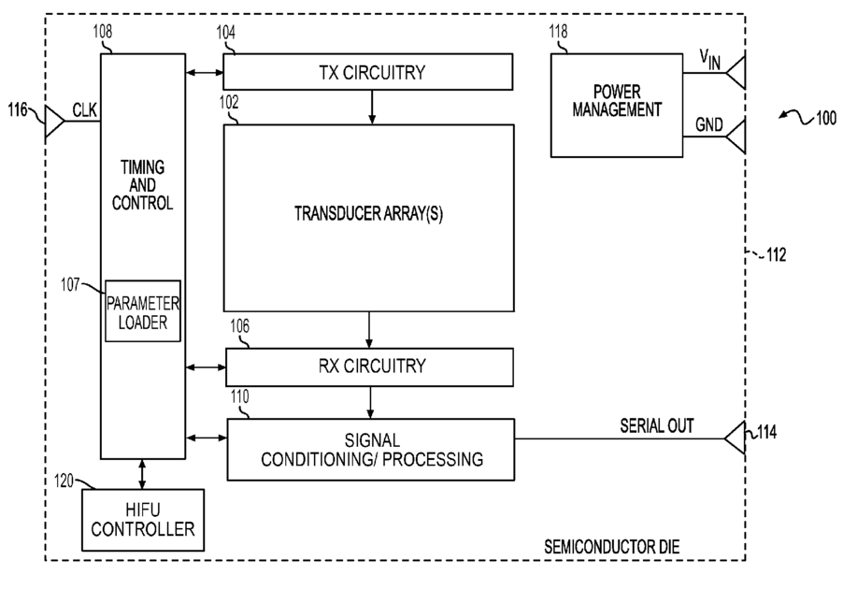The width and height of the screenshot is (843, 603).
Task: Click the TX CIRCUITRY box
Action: coord(367,72)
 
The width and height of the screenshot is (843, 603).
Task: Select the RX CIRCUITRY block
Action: coord(369,366)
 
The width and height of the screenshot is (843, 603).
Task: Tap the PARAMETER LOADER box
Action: coord(142,311)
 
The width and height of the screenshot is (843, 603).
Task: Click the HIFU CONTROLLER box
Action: coord(142,520)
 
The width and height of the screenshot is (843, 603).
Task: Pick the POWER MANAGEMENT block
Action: coord(617,105)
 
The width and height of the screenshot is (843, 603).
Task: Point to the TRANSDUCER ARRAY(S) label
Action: coord(368,213)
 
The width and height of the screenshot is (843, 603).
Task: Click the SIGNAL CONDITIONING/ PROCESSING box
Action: coord(370,449)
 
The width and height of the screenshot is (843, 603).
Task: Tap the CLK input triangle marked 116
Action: coord(54,121)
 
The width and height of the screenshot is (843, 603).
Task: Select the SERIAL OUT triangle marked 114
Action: coord(735,438)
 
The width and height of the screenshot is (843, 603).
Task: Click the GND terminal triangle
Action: coord(736,136)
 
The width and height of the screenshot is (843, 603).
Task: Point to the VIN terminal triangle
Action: coord(736,72)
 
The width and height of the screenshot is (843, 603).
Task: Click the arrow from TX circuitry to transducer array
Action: coord(372,108)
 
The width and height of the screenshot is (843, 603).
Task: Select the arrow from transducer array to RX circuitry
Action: coord(369,330)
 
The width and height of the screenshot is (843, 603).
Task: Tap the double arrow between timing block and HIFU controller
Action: coord(142,474)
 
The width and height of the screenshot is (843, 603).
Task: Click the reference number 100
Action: coord(826,118)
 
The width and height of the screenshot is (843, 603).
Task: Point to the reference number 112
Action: coord(777,254)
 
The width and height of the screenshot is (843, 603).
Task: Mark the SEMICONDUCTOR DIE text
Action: coord(612,547)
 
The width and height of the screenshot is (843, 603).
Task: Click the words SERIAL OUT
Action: coord(656,426)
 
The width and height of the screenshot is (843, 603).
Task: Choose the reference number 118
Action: coord(558,32)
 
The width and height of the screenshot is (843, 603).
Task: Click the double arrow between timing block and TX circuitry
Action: coord(205,72)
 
